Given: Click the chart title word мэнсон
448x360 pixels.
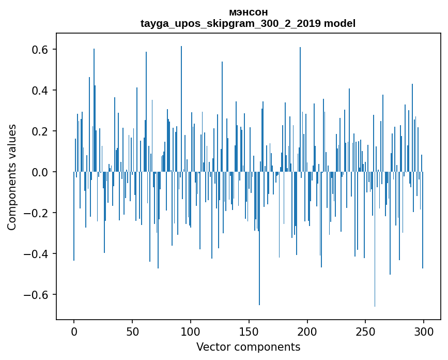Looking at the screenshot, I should coord(248,12).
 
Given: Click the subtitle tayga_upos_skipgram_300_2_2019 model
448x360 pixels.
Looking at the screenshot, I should coord(248,23).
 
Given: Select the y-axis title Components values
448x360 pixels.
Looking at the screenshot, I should coord(12,177).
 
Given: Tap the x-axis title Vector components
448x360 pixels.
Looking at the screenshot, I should coord(248,347).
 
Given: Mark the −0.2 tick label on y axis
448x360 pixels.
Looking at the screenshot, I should coord(37,213).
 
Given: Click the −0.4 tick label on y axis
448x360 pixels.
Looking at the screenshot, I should coord(37,254).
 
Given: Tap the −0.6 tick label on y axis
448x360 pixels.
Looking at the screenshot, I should coord(37,295).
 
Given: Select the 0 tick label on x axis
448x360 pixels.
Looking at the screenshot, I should coord(74,331).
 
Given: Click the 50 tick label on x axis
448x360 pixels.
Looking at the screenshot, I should coord(132,331).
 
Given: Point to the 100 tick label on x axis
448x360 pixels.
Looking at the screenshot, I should coord(191,331).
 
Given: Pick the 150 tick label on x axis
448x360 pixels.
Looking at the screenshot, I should coord(249,331).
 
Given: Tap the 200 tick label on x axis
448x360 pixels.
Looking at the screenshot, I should coord(307,331).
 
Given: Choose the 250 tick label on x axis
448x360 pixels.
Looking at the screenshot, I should coord(365,331).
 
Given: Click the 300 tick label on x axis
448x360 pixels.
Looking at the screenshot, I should coord(424,331).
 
